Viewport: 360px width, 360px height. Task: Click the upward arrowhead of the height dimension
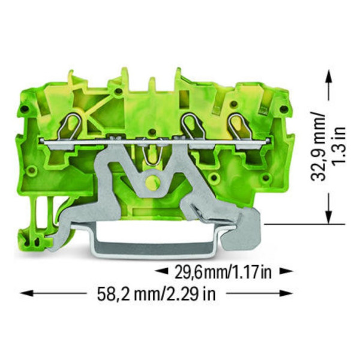(328, 75)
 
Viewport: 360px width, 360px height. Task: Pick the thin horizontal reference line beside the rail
(294, 224)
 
